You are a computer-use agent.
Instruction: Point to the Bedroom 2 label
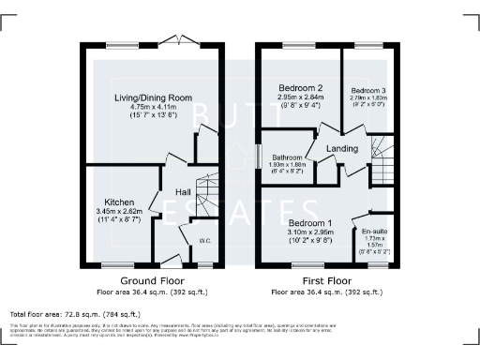pyautogui.click(x=300, y=88)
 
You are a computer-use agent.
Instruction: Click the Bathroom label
pyautogui.click(x=286, y=157)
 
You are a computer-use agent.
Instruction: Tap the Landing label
pyautogui.click(x=341, y=149)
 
